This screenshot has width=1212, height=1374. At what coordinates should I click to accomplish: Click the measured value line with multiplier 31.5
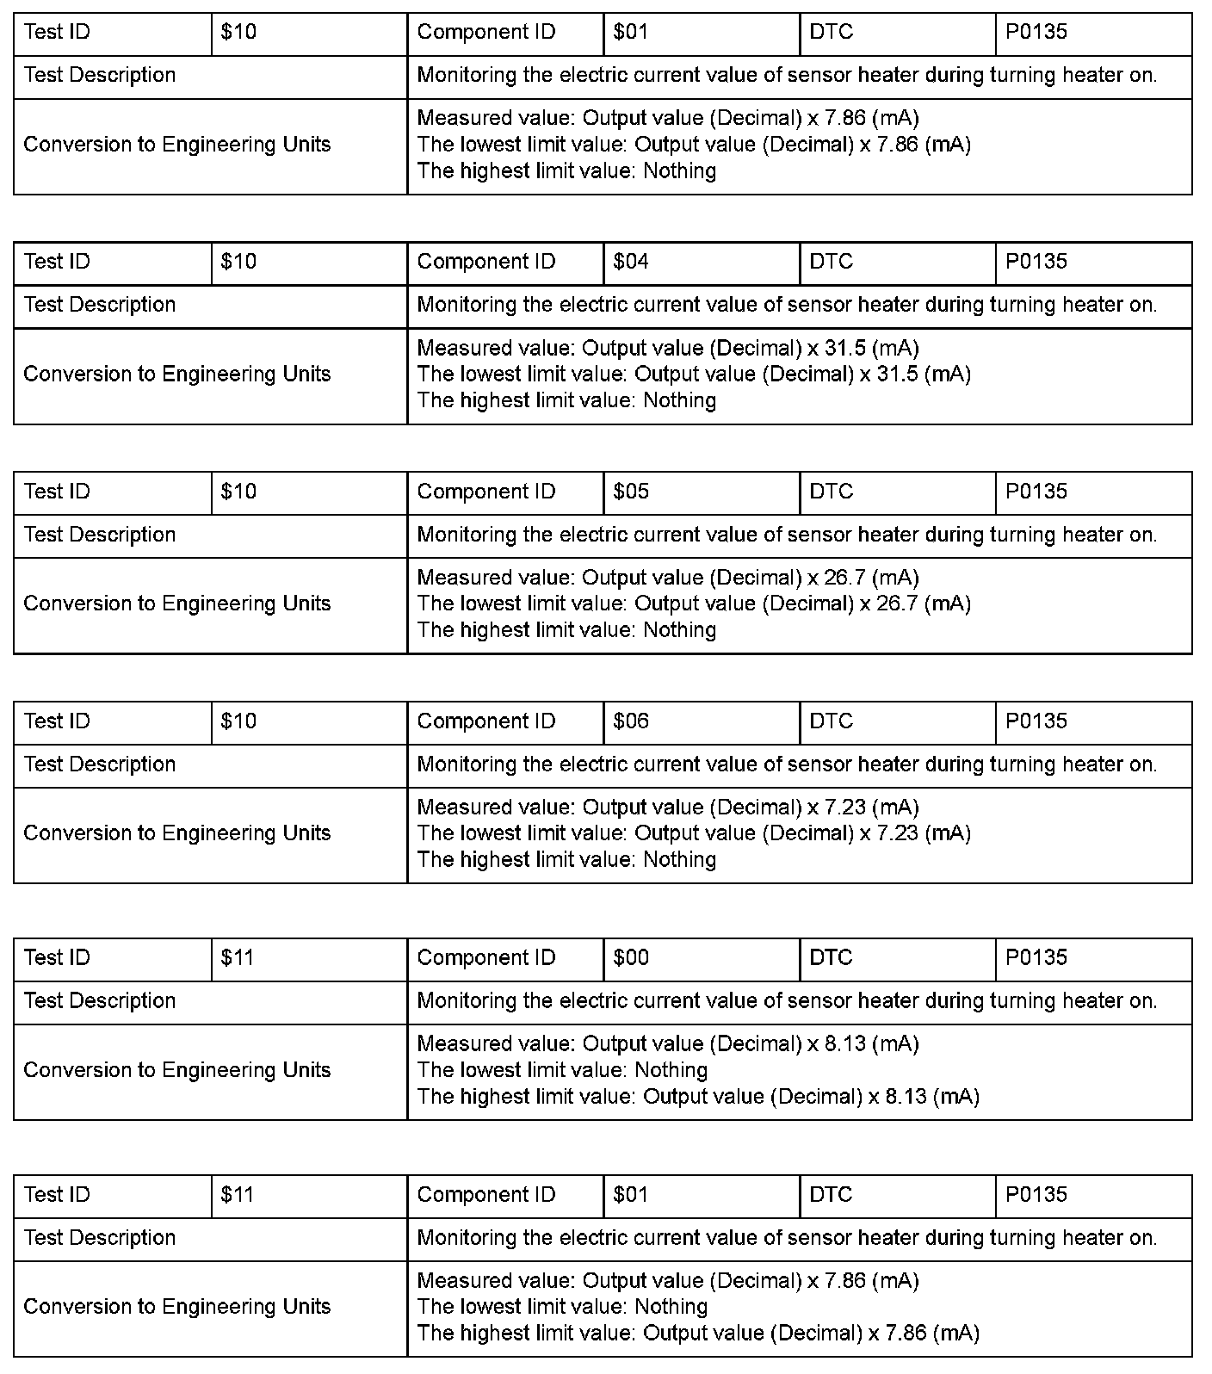coord(667,348)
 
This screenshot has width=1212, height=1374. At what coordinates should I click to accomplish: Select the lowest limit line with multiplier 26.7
coord(693,603)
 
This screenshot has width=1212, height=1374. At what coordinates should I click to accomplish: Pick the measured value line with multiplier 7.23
coord(667,808)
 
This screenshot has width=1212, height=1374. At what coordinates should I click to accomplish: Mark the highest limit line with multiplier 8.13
coord(697,1097)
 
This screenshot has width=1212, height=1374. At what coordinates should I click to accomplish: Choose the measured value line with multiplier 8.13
coord(667,1044)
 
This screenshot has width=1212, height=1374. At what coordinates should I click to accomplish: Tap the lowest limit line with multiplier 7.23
coord(693,833)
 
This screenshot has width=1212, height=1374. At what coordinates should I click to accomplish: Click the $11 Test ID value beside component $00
coord(238,958)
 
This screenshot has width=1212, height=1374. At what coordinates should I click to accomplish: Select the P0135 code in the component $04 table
coord(1036,262)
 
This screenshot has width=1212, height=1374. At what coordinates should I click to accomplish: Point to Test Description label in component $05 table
coord(100,535)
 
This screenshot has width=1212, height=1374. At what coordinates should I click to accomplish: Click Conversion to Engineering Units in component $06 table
coord(176,833)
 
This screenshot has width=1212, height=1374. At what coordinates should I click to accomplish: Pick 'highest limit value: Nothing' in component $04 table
coord(566,400)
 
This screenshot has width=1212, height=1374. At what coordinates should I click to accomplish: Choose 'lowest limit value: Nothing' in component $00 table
coord(562,1070)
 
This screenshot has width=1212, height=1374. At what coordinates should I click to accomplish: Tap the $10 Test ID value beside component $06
coord(238,721)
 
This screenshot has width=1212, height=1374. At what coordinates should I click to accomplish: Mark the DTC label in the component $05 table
coord(831,492)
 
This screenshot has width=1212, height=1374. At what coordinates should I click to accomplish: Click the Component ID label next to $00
coord(485,958)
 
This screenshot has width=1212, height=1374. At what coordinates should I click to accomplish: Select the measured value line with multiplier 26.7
coord(667,578)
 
